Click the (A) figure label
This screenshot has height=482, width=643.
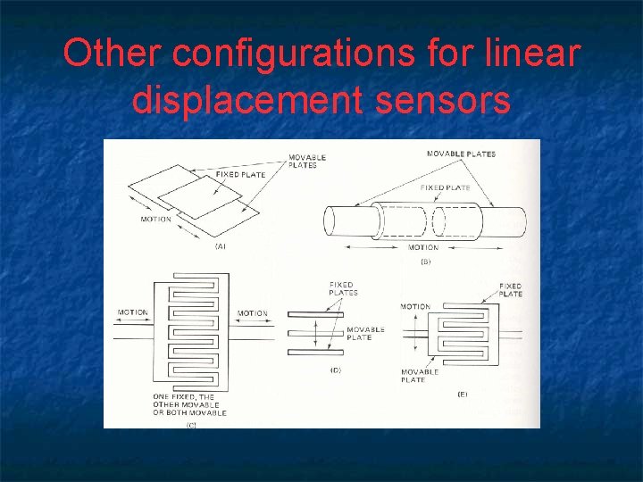click(x=220, y=246)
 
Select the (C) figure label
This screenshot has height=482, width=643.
click(x=191, y=425)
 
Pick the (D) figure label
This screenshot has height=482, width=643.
click(x=336, y=370)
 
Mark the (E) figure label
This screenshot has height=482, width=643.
click(x=463, y=394)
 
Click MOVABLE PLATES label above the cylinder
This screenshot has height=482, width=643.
click(x=461, y=154)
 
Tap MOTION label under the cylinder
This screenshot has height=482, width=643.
click(x=423, y=247)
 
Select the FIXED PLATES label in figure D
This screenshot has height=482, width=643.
click(x=343, y=288)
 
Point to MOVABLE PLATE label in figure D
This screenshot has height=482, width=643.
click(x=365, y=333)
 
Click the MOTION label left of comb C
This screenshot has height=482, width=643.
click(x=132, y=312)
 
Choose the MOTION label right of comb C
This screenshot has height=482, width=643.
click(x=253, y=313)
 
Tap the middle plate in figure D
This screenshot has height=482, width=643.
click(x=315, y=332)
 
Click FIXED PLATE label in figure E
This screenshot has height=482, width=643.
click(x=511, y=289)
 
